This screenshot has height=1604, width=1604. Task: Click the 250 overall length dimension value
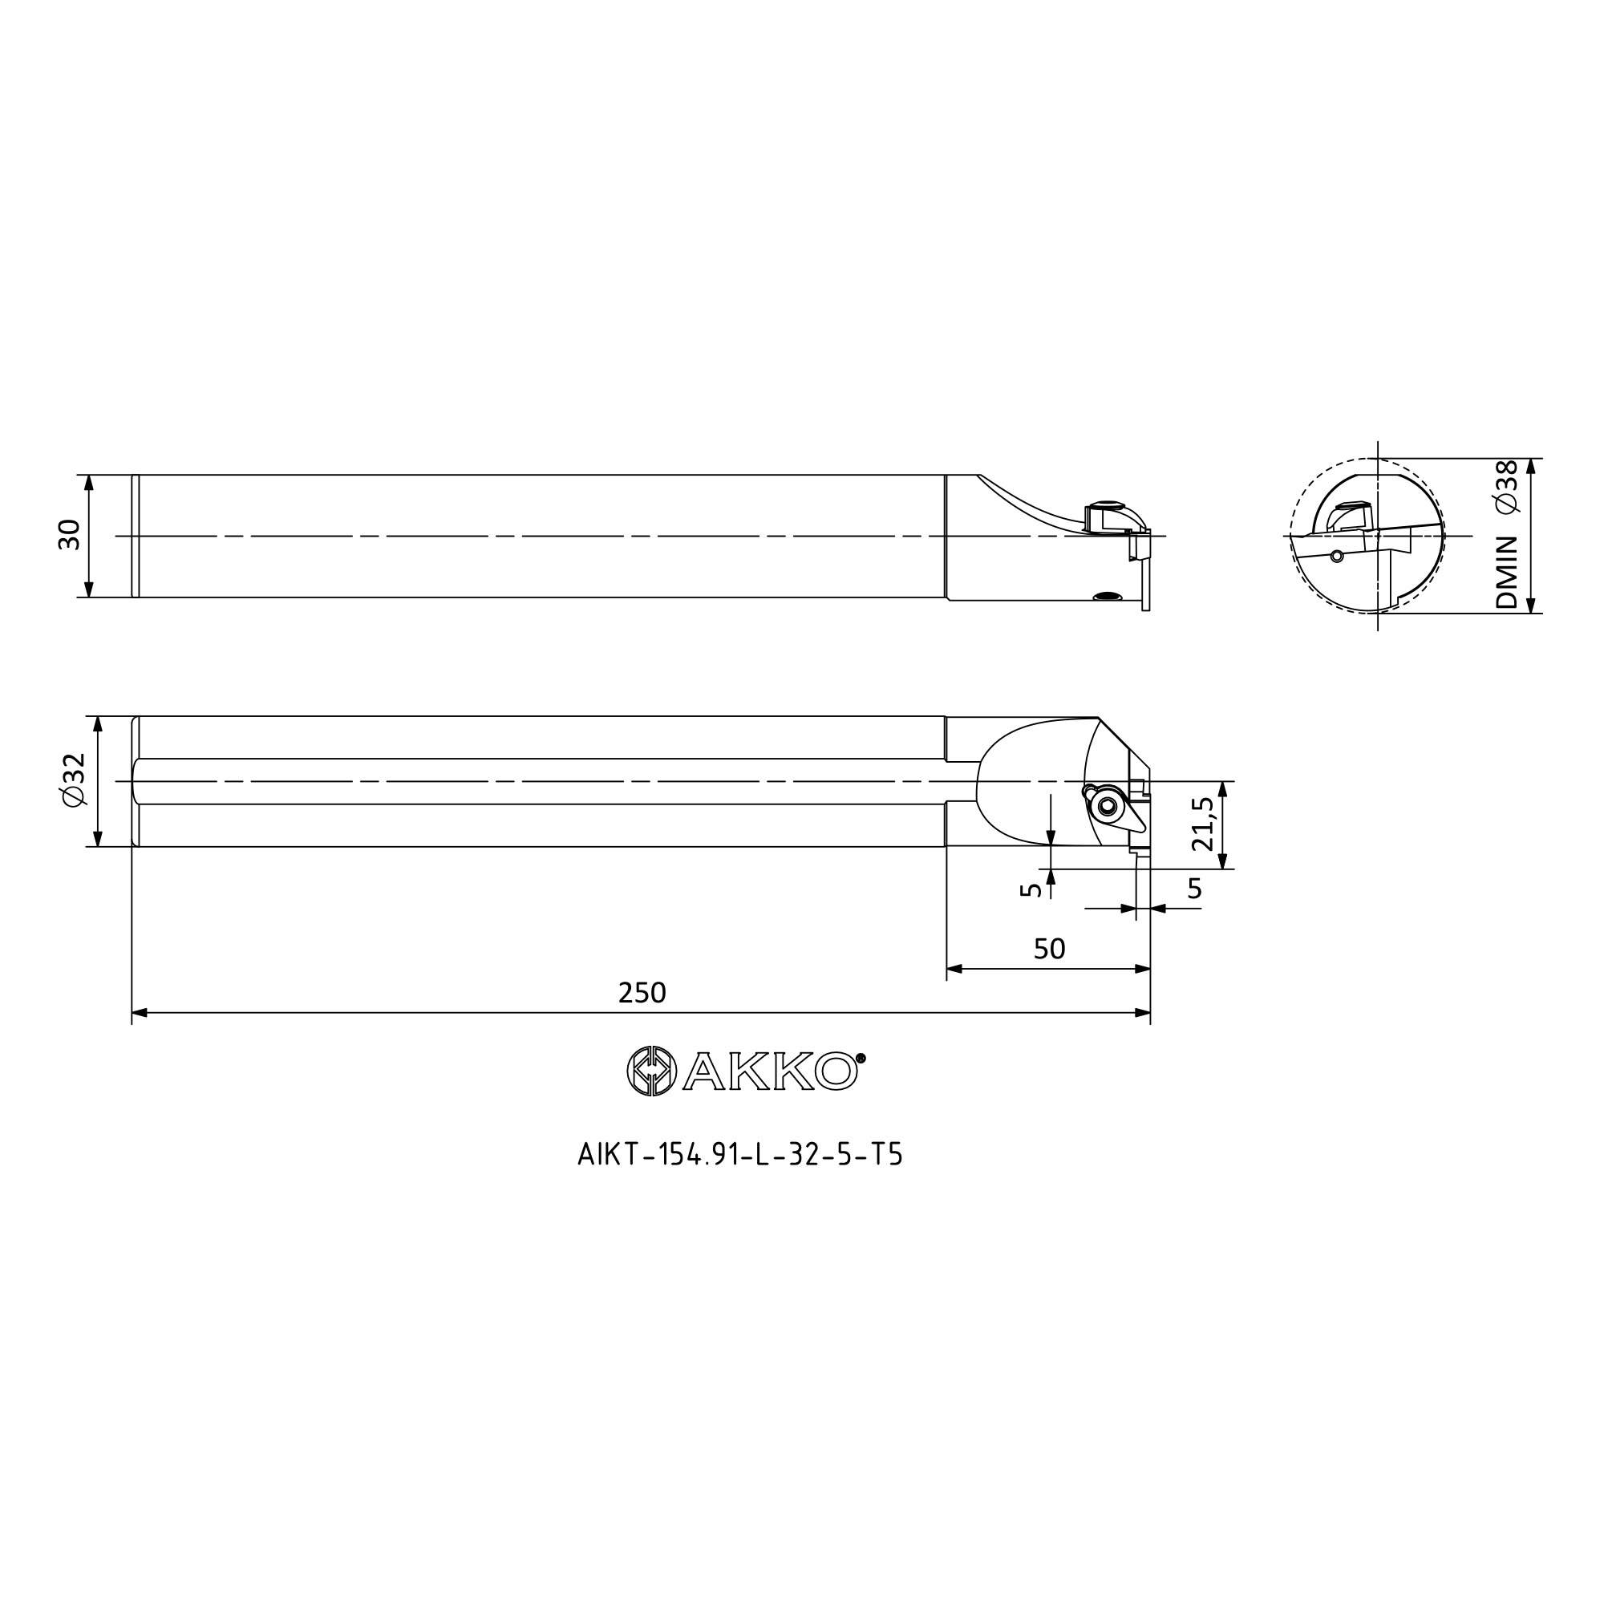[642, 993]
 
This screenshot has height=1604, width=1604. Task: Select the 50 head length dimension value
[1049, 949]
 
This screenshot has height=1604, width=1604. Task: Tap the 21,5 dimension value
[1203, 824]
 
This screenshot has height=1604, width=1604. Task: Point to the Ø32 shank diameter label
[73, 779]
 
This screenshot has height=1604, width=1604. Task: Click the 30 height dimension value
[69, 535]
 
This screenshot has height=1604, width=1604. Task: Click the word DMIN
[1506, 573]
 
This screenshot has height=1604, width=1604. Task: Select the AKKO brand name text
[770, 1071]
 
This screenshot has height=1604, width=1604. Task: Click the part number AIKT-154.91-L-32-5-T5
[739, 1156]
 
